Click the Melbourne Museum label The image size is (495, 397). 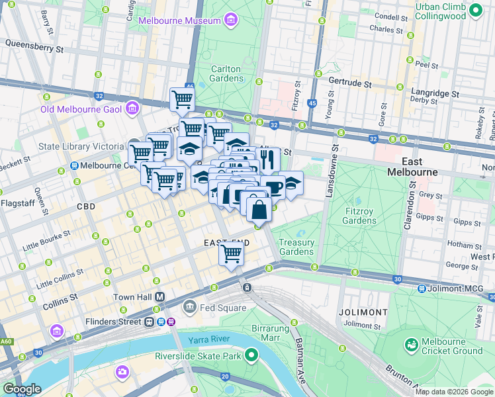(179, 21)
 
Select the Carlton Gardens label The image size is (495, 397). (226, 73)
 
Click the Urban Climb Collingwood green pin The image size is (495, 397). (475, 11)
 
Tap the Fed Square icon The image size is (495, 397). (190, 307)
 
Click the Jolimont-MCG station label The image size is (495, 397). (457, 288)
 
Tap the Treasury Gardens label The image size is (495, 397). (296, 247)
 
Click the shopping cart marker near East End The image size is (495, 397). (231, 253)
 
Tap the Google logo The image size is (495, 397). (22, 389)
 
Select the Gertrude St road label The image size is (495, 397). (351, 83)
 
